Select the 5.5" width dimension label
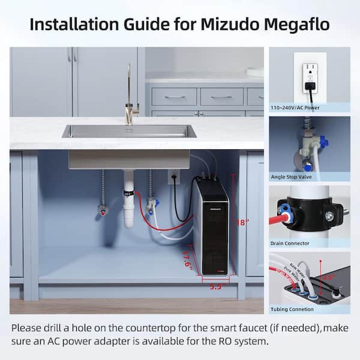click(x=215, y=287)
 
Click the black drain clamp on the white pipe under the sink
click(x=128, y=194)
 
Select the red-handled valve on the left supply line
click(x=104, y=211)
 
